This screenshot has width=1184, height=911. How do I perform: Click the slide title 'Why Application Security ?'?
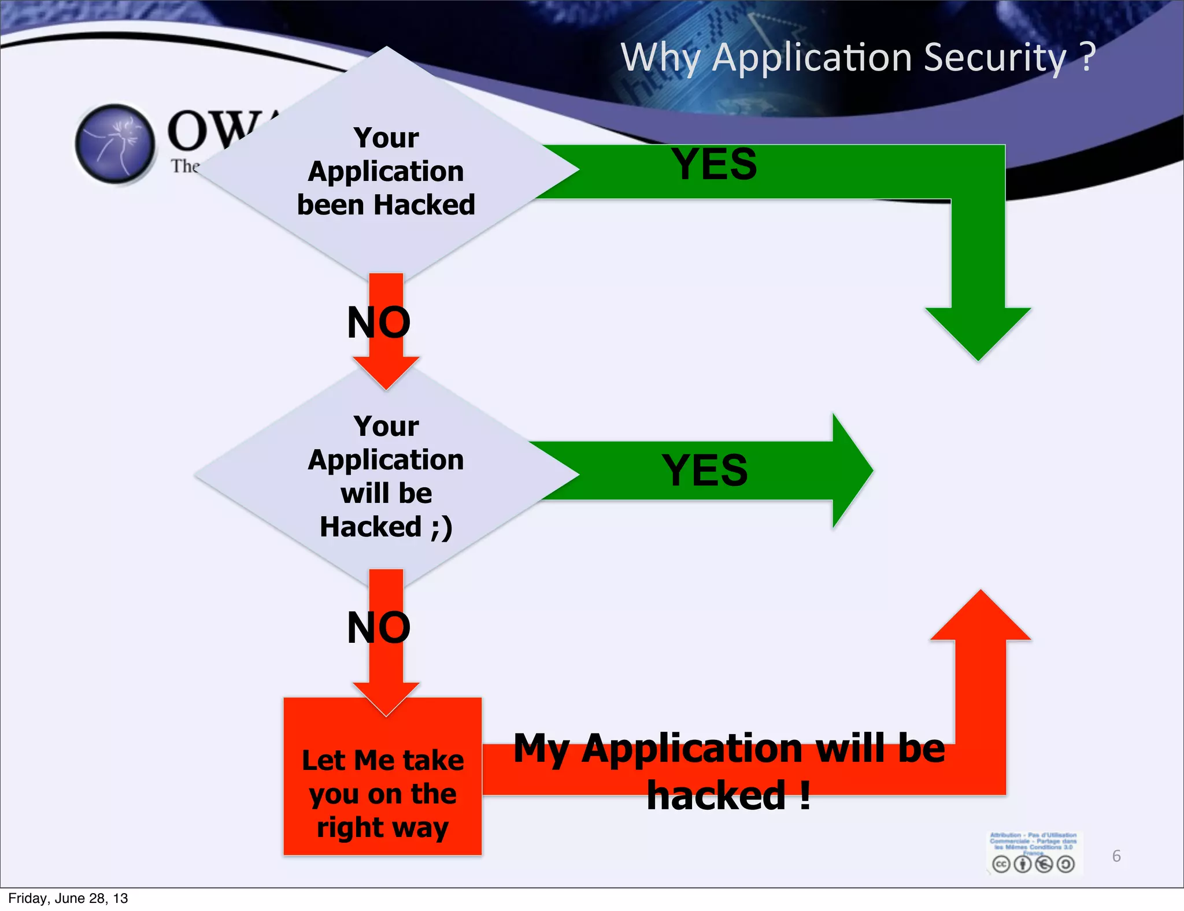(857, 58)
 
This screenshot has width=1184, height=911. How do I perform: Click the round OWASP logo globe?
(116, 143)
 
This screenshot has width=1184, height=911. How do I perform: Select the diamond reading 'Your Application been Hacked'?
(386, 171)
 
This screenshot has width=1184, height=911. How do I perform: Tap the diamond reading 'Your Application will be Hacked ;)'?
(386, 476)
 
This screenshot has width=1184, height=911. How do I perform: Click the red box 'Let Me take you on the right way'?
(383, 793)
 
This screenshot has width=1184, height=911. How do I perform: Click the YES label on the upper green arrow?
(714, 164)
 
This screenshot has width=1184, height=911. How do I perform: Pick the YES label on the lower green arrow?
(705, 470)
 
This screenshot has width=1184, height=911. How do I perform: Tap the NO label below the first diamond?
(379, 323)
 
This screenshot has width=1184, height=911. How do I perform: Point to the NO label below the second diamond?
(379, 628)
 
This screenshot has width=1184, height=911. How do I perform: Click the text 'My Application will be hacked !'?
(729, 771)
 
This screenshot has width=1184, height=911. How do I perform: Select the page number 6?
(1116, 856)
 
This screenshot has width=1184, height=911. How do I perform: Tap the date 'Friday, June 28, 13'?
(68, 898)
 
